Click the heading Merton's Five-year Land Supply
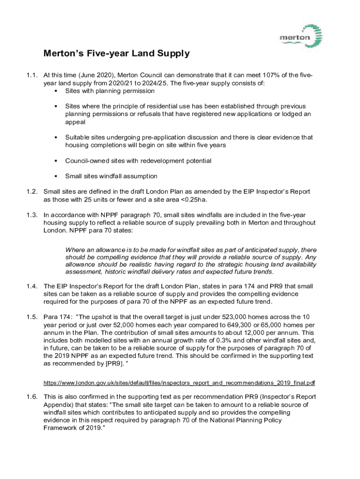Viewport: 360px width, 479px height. pyautogui.click(x=116, y=53)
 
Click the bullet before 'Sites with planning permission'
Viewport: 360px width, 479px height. pyautogui.click(x=55, y=91)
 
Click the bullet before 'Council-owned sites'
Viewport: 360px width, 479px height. pyautogui.click(x=55, y=161)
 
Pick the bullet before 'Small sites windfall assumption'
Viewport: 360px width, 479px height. pyautogui.click(x=55, y=176)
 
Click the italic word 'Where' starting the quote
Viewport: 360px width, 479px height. pyautogui.click(x=74, y=250)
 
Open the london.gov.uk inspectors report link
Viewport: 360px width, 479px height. pyautogui.click(x=179, y=383)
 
